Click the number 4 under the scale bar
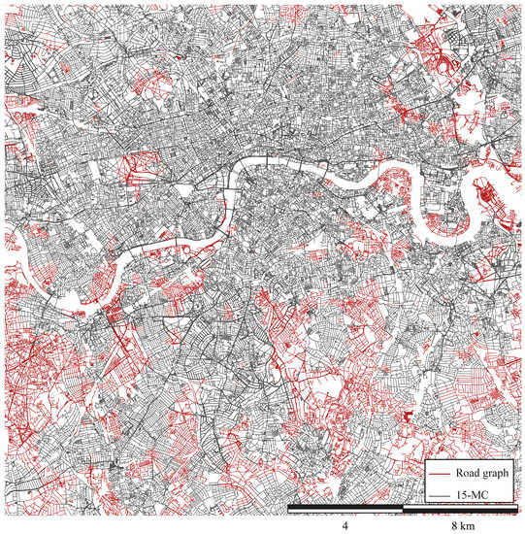tap(345, 523)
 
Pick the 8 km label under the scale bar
tap(460, 523)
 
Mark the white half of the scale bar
tap(345, 510)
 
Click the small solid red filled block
tap(409, 416)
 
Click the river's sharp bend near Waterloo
tap(237, 175)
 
